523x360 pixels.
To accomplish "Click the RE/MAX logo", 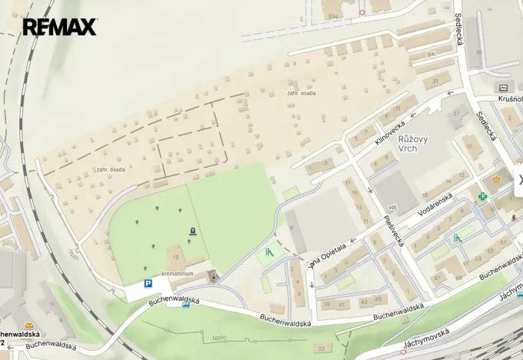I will click(x=59, y=28).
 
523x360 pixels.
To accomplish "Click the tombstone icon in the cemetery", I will click(x=192, y=230).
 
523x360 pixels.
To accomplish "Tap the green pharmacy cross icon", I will click(x=483, y=196).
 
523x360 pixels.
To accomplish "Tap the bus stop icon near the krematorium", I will click(x=185, y=304).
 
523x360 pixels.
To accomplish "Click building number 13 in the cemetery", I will click(x=175, y=257).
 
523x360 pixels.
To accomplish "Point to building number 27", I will click(x=458, y=114).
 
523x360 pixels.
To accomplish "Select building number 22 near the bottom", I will click(x=321, y=348).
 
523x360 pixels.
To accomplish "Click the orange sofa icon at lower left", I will click(x=29, y=325).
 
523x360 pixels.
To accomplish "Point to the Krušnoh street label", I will click(x=509, y=100).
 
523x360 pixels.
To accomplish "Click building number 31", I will click(x=436, y=80).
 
